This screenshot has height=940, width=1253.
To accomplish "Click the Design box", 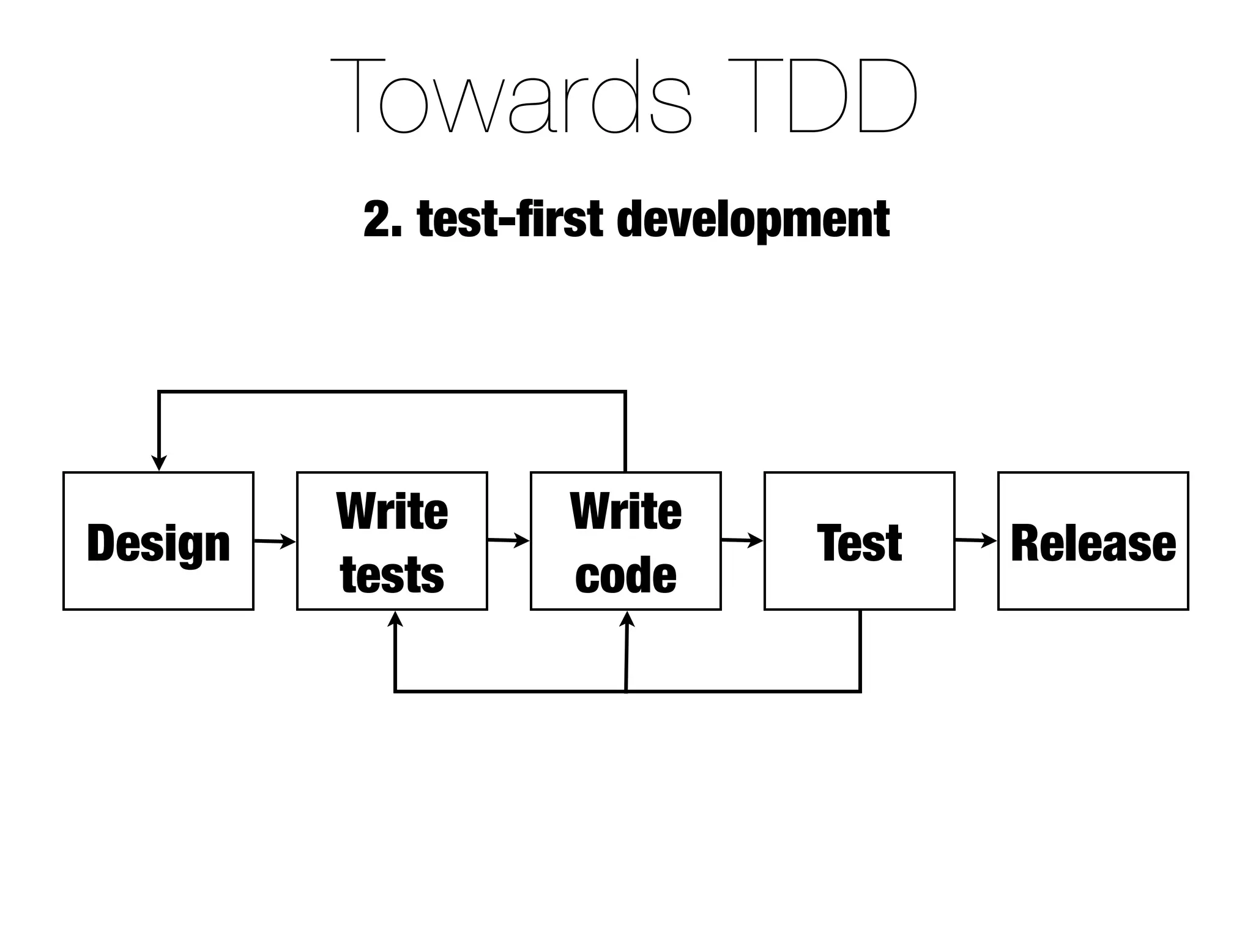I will [158, 541].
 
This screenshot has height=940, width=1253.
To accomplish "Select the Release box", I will [1093, 541].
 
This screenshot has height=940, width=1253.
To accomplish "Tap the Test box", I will [859, 541].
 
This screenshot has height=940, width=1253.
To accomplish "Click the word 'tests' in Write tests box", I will [392, 575].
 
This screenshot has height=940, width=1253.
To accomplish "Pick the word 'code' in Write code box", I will [625, 575].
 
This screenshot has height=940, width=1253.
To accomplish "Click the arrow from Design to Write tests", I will [275, 541].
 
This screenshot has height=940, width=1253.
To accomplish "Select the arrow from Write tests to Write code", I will [508, 540].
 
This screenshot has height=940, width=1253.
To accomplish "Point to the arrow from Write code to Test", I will [742, 540].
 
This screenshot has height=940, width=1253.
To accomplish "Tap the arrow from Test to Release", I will [976, 540].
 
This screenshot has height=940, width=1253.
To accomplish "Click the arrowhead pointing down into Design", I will [159, 463].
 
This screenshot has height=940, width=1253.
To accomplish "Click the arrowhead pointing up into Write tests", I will [395, 619].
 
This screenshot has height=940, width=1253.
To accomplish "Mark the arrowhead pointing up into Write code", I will [627, 619].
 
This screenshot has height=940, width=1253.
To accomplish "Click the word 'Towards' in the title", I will [511, 97].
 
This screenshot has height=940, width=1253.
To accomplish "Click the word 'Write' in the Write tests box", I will [392, 512].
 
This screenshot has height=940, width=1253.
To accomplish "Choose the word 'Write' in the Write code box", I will [625, 512].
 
